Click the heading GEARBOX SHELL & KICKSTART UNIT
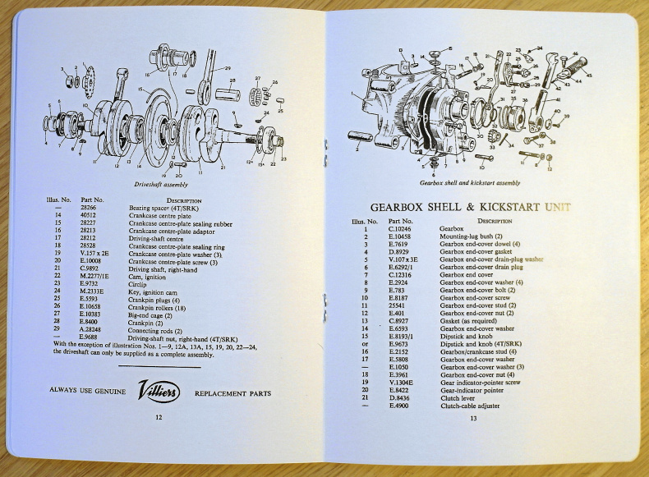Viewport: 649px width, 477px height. (470, 207)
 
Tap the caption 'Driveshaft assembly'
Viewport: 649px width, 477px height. (161, 186)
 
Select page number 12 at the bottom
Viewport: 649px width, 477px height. (159, 419)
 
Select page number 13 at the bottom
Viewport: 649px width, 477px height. (473, 419)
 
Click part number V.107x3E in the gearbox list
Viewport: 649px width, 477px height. (406, 259)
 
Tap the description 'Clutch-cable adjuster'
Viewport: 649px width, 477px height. (470, 406)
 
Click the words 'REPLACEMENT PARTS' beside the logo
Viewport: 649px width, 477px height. (232, 393)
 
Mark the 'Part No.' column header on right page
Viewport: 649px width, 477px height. (401, 221)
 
